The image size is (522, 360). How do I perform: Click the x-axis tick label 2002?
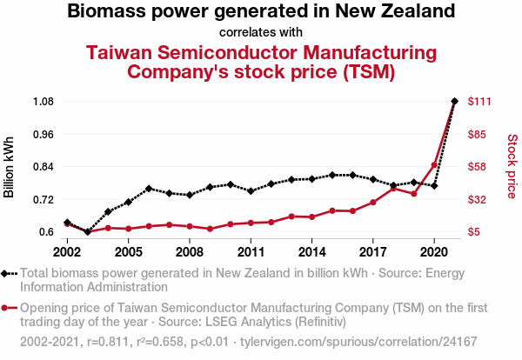[67, 252]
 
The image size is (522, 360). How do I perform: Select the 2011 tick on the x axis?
[251, 252]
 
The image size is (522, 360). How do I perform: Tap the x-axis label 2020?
[434, 252]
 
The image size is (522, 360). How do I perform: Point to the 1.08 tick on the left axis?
[43, 102]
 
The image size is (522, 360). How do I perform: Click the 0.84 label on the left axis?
[43, 167]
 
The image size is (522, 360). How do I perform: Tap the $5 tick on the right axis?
[475, 232]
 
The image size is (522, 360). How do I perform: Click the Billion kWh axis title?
[10, 167]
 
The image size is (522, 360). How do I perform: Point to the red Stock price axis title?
[512, 165]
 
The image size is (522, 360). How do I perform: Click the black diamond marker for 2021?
[454, 102]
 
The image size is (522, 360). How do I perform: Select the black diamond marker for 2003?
[87, 232]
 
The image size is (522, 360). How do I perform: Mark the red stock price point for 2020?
[434, 165]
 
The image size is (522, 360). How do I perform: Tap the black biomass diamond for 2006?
[149, 189]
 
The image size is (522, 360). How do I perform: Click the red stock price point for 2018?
[393, 188]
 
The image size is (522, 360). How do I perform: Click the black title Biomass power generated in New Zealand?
[261, 12]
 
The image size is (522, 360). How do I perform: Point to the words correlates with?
[261, 33]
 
